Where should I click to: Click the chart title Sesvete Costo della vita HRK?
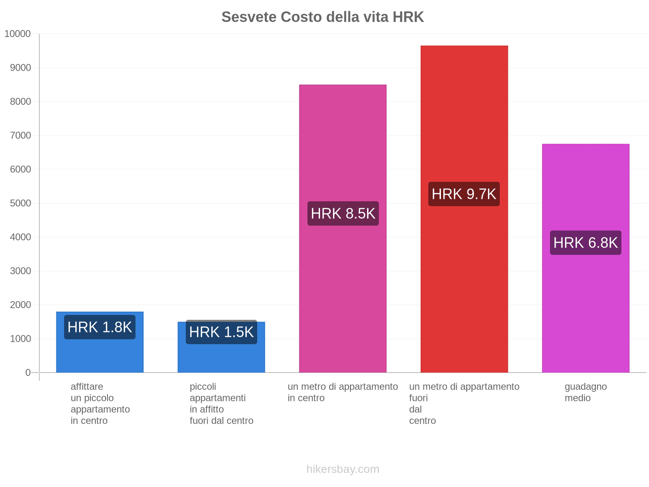[322, 17]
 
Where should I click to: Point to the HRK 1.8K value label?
[100, 327]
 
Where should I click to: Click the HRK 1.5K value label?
[221, 332]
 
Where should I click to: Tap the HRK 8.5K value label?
[343, 213]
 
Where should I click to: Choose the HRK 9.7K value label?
[464, 194]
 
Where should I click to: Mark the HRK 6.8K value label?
[585, 243]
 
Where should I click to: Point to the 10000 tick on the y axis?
[18, 34]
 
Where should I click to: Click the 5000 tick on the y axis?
[20, 203]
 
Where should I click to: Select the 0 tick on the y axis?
[28, 373]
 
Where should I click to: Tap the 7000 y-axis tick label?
[20, 136]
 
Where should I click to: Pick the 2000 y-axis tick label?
[20, 305]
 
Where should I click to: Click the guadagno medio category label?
[585, 392]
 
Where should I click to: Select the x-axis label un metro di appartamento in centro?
[343, 392]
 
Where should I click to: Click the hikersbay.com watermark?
[343, 469]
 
